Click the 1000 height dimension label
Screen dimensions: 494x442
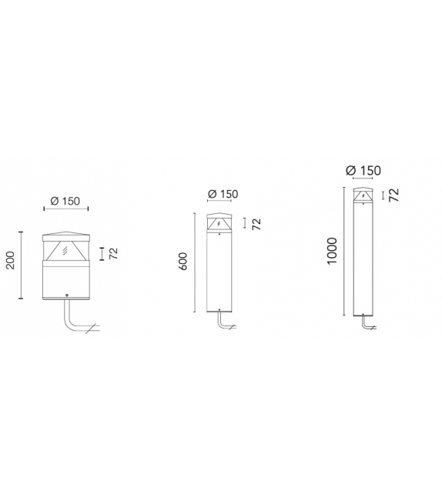(332, 252)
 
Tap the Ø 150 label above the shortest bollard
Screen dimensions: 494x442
(65, 201)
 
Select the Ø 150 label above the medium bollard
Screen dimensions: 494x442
(223, 195)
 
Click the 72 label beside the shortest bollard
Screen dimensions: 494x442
(113, 254)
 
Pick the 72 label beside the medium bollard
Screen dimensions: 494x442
(256, 224)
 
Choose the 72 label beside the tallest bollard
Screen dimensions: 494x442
(394, 195)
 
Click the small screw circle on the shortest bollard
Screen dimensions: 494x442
(67, 296)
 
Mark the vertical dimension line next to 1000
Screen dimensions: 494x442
(343, 251)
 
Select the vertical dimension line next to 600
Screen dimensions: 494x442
(196, 262)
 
